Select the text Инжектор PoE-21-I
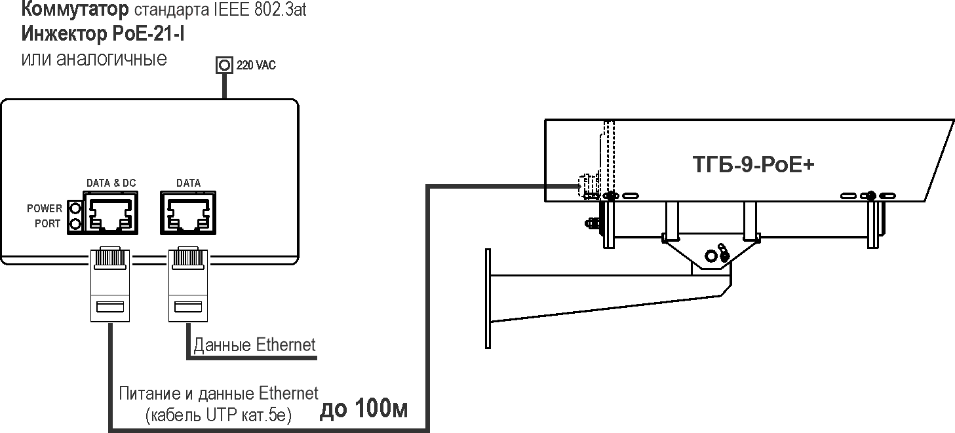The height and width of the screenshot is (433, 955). point(103,34)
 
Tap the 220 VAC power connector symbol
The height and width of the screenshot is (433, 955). point(224,65)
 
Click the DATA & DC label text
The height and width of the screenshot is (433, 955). point(111,183)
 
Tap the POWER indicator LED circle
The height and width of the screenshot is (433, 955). point(75,209)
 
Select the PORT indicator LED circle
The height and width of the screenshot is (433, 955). point(75,224)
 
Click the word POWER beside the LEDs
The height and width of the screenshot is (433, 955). point(45,209)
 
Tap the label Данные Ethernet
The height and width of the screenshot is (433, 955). point(254,345)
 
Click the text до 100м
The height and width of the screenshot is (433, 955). point(363,409)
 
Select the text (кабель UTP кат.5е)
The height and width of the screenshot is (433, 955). point(218,415)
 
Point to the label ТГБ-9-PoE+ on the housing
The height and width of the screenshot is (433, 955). point(753,164)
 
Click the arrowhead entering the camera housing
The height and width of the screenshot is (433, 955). point(575,187)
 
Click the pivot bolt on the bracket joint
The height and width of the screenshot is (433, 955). point(711,254)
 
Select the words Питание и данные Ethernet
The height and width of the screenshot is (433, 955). point(218,394)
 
